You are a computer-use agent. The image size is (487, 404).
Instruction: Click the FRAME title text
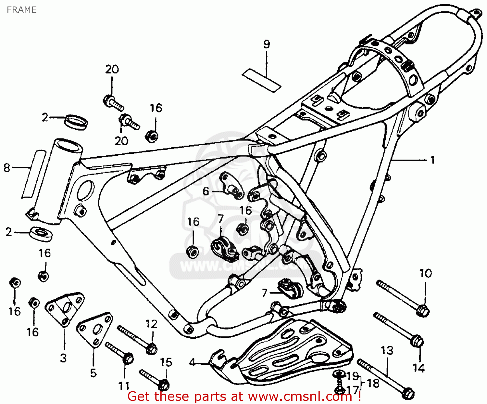click(x=21, y=10)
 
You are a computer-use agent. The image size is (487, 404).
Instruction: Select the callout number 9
click(x=267, y=44)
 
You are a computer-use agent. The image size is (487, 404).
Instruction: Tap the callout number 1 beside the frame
click(x=432, y=160)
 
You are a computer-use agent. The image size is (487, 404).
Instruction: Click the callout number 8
click(x=7, y=168)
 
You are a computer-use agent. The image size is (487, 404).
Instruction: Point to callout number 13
click(x=387, y=350)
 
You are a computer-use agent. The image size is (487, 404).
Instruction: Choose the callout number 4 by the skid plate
click(x=192, y=362)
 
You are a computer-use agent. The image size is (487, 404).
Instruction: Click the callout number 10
click(x=426, y=273)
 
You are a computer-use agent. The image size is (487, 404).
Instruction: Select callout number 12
click(x=151, y=324)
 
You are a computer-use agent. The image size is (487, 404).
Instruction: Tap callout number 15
click(x=166, y=362)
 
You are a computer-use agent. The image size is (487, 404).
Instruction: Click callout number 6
click(x=206, y=191)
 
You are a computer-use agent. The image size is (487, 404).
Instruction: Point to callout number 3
click(x=63, y=358)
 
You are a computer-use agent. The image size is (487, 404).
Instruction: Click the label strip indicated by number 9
click(x=261, y=80)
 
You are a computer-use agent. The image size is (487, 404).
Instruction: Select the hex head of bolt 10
click(x=423, y=311)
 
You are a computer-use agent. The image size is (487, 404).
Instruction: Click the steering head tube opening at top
click(x=69, y=145)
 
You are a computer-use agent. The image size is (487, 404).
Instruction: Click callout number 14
click(x=419, y=368)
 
